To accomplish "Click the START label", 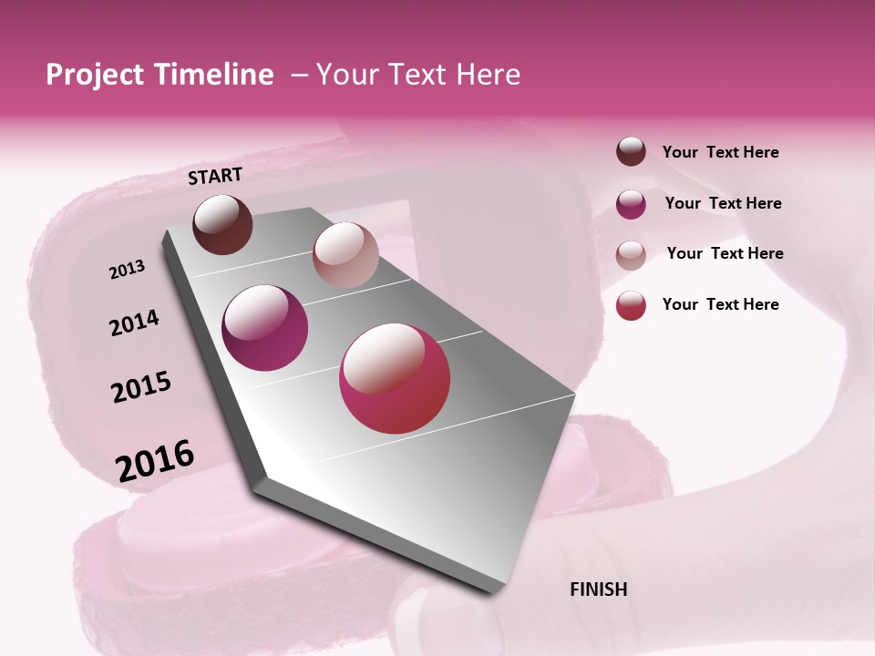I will click(215, 176).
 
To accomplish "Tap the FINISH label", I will click(598, 589).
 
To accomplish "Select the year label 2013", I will click(128, 270).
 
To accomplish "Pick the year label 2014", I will click(134, 323).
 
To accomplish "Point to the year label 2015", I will click(141, 387).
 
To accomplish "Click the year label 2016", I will click(155, 461).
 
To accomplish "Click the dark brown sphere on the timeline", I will click(223, 224).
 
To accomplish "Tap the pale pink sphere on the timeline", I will click(345, 255).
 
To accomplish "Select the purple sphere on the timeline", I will click(265, 328).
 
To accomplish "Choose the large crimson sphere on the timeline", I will click(395, 378).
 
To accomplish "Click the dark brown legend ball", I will click(631, 152).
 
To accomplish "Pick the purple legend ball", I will click(631, 204).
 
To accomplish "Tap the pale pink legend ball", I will click(631, 255).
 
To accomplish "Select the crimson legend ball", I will click(631, 305).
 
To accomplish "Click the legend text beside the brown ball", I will click(720, 153).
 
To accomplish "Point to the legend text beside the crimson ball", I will click(720, 304).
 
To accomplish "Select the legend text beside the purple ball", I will click(723, 203).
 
